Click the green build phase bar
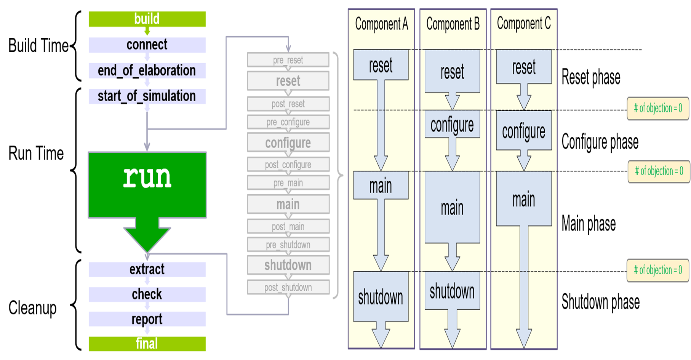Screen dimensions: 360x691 click(x=147, y=19)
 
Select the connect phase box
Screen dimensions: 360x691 click(x=147, y=45)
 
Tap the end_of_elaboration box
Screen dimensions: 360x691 click(x=147, y=70)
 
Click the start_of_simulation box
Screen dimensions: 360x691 click(x=147, y=96)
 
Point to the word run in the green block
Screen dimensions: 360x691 click(x=147, y=177)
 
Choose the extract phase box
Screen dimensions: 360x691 click(x=147, y=269)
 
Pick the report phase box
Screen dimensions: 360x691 click(x=147, y=319)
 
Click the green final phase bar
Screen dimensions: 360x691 click(x=147, y=344)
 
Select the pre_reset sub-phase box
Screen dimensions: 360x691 click(x=288, y=60)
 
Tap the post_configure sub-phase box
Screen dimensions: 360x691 click(x=288, y=165)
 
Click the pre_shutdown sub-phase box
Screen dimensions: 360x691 click(x=288, y=245)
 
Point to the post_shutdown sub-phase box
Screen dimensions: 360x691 click(x=288, y=287)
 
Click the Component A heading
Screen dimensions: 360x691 click(x=381, y=24)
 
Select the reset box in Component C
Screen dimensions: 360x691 click(x=524, y=67)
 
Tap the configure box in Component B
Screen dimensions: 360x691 click(x=452, y=125)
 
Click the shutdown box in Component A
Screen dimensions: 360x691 click(x=381, y=297)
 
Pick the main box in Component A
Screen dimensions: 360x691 click(x=381, y=186)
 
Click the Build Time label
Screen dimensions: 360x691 click(x=38, y=46)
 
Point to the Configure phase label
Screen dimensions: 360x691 click(x=600, y=142)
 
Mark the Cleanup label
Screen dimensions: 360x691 click(x=33, y=308)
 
